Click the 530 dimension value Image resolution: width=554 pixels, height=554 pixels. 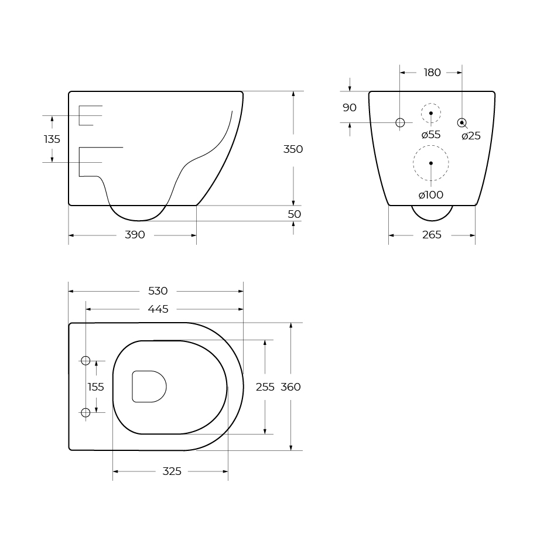tap(158, 291)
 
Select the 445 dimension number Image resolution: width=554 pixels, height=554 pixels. tap(158, 309)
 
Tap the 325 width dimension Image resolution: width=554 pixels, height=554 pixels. tap(172, 471)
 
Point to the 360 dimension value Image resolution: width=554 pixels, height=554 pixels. tap(290, 387)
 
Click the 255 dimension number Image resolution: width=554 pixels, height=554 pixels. tap(265, 387)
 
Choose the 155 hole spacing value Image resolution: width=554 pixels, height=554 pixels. tap(95, 387)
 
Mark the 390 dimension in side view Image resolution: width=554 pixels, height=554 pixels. tap(135, 235)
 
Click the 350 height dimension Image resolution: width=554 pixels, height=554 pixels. tap(293, 149)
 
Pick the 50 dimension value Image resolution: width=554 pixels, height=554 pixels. tap(295, 214)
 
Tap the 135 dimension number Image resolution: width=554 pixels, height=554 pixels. tap(52, 139)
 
